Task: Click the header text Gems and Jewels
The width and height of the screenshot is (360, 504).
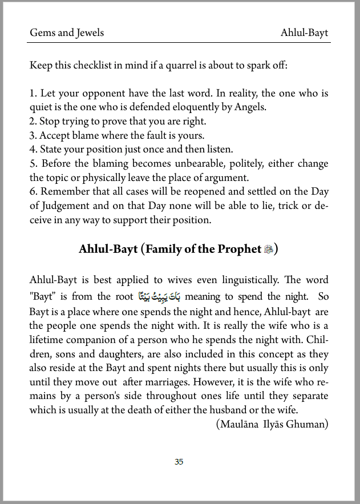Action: point(67,33)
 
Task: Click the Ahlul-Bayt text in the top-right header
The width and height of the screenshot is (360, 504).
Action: point(304,33)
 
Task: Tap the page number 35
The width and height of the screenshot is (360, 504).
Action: point(179,462)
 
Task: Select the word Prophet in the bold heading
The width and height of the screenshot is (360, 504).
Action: point(242,249)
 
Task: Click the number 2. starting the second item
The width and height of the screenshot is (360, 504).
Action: point(33,121)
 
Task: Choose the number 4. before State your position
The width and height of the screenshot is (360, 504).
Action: point(33,150)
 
